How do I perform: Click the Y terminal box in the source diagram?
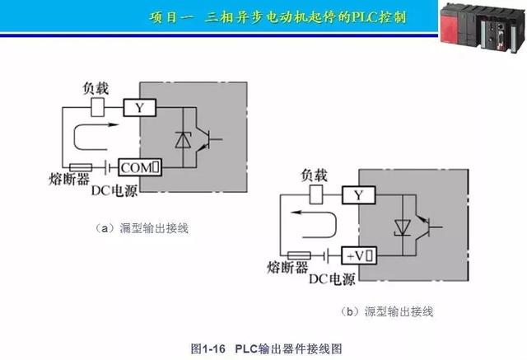[x=358, y=195]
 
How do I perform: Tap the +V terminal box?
[x=360, y=256]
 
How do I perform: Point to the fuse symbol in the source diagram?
[x=298, y=256]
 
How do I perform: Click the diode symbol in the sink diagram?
[x=183, y=139]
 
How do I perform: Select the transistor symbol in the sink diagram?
[x=211, y=139]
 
